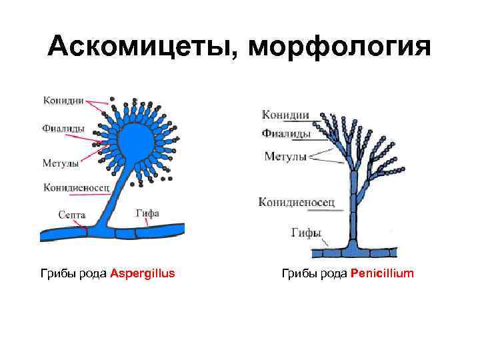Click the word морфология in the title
339,47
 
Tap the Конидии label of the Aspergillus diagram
63,101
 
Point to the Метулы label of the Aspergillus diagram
61,163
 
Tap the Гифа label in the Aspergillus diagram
147,214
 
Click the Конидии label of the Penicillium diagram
286,115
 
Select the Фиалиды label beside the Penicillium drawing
286,133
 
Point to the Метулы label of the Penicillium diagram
285,157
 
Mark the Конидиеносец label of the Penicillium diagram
297,201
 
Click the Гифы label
307,233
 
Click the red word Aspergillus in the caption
142,273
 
